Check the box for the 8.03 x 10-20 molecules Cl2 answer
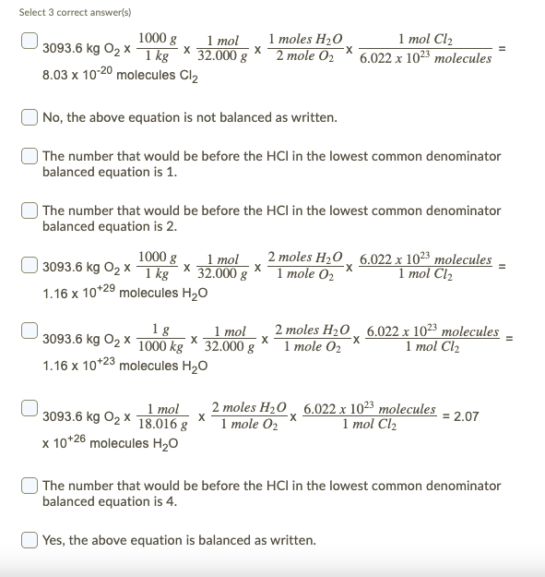coord(29,41)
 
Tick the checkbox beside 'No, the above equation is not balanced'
coord(29,117)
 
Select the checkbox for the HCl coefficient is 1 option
coord(29,156)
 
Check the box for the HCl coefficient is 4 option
coord(29,485)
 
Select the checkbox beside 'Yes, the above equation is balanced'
coord(29,539)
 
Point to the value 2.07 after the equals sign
coord(467,416)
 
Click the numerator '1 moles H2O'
coord(305,41)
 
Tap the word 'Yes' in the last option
coord(53,540)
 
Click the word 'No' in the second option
coord(53,118)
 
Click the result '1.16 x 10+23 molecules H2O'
coord(118,366)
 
